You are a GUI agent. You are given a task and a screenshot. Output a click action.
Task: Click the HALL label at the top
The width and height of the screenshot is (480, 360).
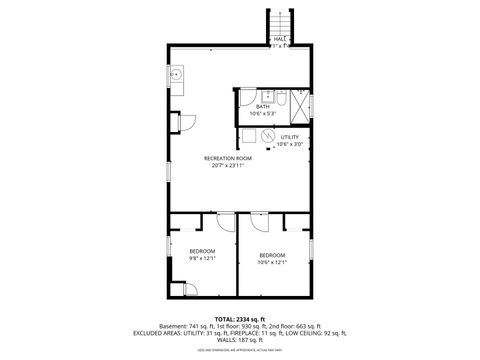(280, 39)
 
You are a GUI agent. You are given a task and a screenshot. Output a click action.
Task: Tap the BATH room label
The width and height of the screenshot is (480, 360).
(264, 106)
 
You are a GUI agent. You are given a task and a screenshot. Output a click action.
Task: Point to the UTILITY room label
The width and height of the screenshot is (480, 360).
(290, 137)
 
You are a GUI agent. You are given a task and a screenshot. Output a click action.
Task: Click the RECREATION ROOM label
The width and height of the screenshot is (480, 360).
(227, 159)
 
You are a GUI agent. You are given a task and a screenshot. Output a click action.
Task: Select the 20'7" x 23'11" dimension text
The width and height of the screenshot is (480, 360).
(227, 166)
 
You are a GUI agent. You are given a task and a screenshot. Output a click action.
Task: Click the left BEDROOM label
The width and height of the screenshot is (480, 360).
(202, 250)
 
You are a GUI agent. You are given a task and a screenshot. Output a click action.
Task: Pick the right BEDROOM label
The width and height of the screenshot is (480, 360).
(272, 255)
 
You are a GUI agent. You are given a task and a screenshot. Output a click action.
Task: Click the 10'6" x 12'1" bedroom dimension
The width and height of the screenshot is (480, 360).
(272, 262)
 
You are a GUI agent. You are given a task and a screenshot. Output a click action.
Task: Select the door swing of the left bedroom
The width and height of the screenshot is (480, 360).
(226, 222)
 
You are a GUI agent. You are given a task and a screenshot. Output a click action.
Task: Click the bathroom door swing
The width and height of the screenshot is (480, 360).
(246, 97)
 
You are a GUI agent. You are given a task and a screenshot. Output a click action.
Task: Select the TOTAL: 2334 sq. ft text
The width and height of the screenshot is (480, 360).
(239, 319)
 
